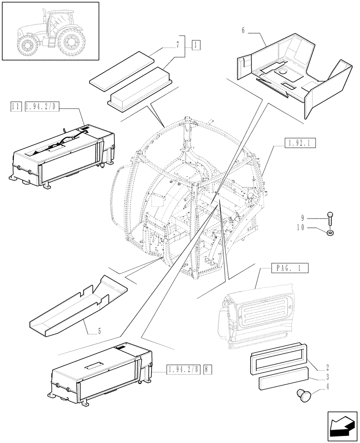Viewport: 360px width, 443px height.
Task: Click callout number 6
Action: coord(243,31)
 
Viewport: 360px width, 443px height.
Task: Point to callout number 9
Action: coord(302,218)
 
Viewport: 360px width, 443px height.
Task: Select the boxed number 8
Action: coord(207,369)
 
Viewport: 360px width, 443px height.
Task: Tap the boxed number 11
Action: coord(15,106)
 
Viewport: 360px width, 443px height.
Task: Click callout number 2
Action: coord(327,367)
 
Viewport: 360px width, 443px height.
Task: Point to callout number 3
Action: coord(327,377)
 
